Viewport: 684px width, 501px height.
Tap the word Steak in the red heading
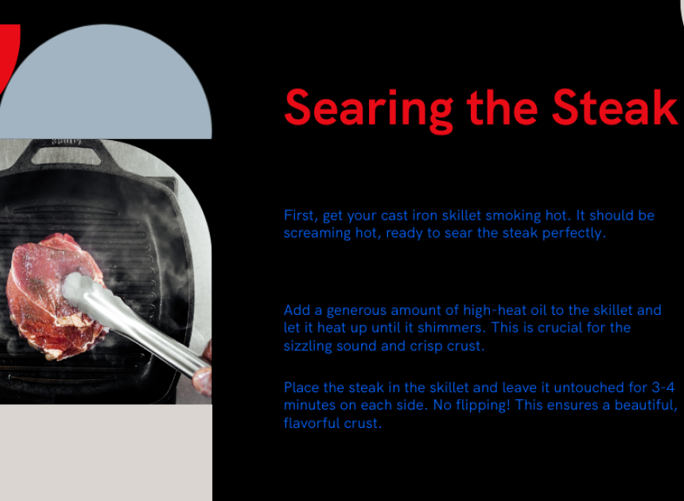[615, 107]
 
